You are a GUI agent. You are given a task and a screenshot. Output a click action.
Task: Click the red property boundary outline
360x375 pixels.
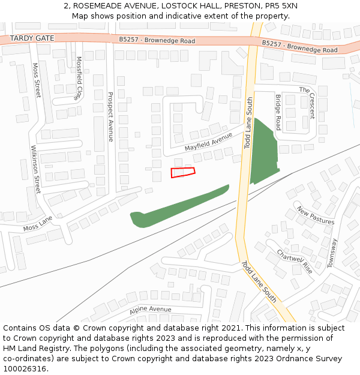(x=183, y=173)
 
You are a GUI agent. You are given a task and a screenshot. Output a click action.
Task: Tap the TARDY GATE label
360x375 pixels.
(x=32, y=38)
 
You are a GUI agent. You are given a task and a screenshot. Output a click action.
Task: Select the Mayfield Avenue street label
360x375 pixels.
(x=208, y=142)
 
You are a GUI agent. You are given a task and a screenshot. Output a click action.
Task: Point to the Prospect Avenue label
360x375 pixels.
(x=110, y=116)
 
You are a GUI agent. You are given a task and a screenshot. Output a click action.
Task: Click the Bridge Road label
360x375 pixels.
(x=278, y=112)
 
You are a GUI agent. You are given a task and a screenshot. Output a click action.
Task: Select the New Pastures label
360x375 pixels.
(x=316, y=216)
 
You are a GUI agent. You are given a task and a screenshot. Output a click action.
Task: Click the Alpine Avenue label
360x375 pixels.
(x=150, y=310)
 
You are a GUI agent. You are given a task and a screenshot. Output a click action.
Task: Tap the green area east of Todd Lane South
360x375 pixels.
(x=262, y=153)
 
